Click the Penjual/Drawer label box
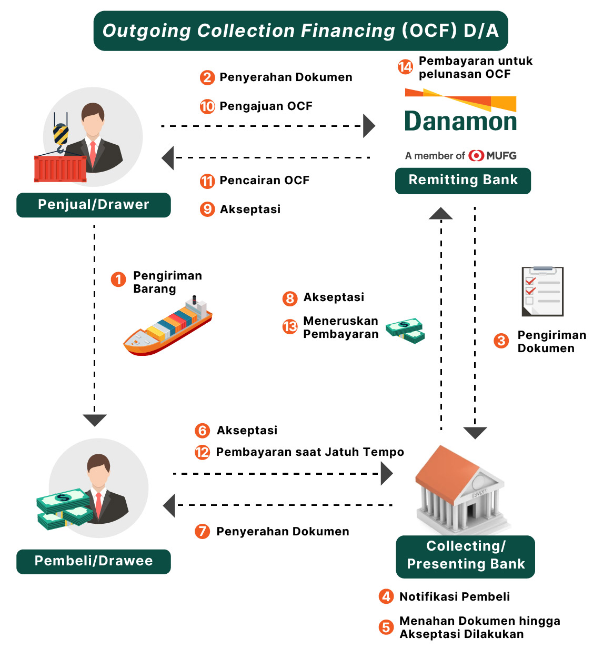94,205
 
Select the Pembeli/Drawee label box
94,561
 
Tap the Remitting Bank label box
463,181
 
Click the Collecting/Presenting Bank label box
466,556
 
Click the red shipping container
60,168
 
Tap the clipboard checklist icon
542,291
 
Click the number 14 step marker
405,67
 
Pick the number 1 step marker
118,279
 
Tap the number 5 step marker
386,627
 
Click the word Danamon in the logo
460,122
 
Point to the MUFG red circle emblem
476,156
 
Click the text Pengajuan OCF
266,106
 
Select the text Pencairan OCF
264,181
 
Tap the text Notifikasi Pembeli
455,597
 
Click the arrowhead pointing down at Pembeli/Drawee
95,420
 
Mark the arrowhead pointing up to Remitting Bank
441,213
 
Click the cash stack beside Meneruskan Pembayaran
405,330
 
